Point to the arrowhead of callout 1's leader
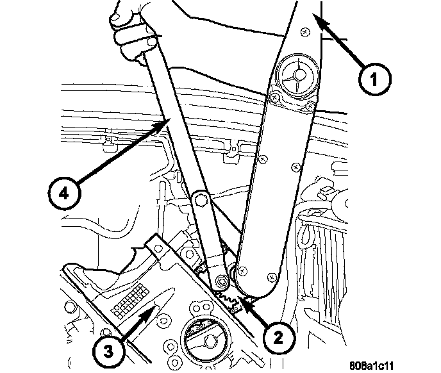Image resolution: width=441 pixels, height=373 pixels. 315,19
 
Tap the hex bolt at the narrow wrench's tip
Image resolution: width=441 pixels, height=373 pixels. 222,280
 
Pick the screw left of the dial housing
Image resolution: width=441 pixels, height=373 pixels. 274,98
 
